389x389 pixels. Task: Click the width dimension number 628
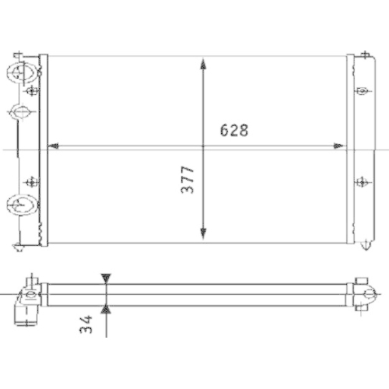(233, 131)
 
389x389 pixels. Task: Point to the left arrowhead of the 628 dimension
(54, 145)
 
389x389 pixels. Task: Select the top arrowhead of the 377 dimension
(202, 63)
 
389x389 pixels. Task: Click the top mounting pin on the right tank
(362, 55)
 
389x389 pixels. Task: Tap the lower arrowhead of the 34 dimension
(107, 310)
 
